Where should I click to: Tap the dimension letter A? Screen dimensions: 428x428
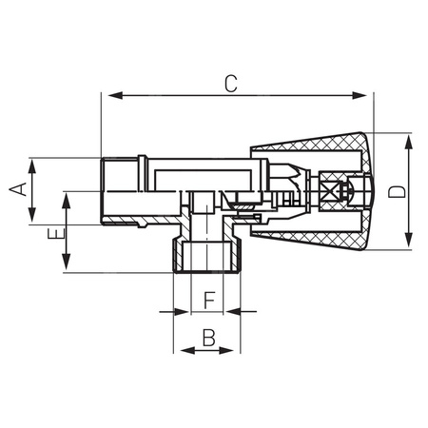click(x=16, y=190)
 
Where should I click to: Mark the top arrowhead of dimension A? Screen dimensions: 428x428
click(x=32, y=164)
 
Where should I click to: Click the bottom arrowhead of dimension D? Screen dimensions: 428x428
click(x=409, y=243)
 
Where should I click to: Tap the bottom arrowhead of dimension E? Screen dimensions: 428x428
click(x=67, y=265)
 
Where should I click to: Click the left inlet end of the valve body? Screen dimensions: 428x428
click(x=113, y=190)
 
